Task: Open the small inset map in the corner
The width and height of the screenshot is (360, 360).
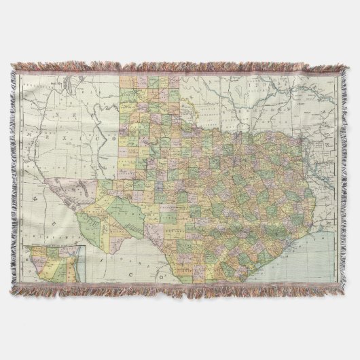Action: point(51,265)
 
